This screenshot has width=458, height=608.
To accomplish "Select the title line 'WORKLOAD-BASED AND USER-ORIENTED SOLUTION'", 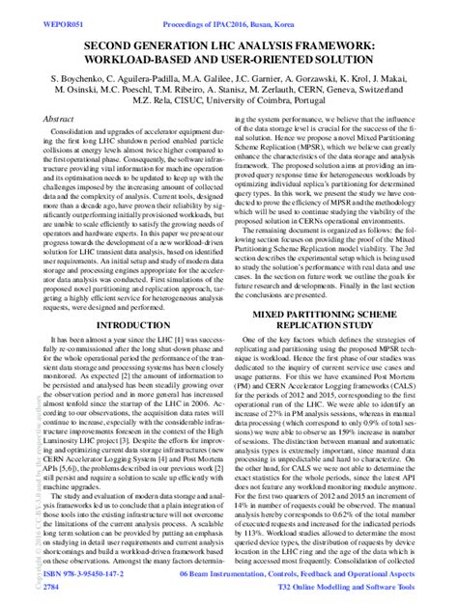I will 228,61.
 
